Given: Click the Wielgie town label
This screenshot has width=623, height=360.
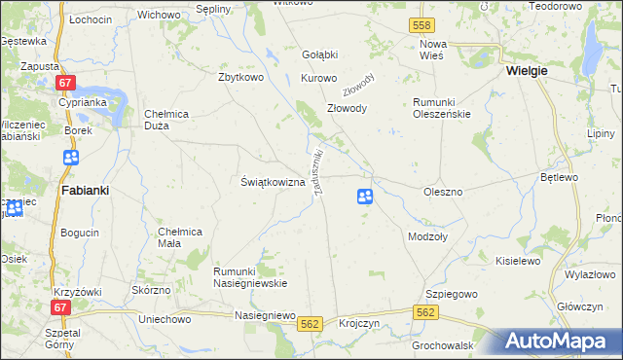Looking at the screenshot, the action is (527, 71).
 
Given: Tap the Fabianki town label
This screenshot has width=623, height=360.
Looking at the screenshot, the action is (85, 191).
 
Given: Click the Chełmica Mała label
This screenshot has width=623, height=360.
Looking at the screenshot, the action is (179, 237).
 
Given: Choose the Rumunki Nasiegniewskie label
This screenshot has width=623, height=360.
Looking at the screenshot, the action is (250, 276).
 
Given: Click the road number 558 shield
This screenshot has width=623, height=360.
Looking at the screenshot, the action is (421, 23).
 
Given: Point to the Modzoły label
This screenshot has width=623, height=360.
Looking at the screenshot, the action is (427, 236).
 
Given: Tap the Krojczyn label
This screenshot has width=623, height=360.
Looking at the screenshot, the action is (358, 323).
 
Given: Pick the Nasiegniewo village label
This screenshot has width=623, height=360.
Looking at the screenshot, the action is (265, 315).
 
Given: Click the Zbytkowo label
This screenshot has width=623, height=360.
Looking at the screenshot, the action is (243, 78).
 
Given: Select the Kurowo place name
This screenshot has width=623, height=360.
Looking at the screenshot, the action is (318, 78).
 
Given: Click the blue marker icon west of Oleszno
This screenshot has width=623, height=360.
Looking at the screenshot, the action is (364, 197).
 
